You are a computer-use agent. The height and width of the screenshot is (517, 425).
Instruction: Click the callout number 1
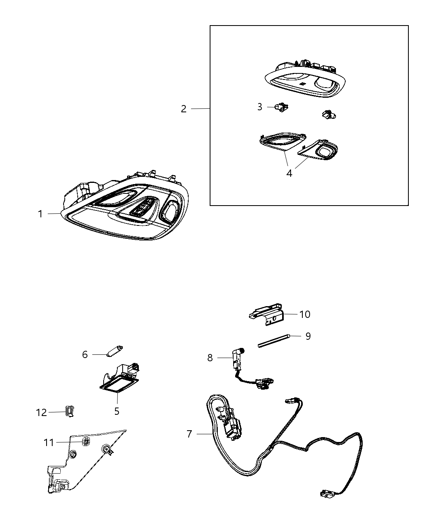40,214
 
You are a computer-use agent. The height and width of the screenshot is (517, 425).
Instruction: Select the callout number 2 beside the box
183,109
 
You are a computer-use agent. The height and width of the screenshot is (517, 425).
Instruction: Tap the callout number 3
259,107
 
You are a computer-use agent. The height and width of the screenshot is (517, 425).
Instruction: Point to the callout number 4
289,173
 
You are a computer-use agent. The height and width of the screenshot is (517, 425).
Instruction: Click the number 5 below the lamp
117,411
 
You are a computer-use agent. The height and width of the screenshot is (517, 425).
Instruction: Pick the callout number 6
85,354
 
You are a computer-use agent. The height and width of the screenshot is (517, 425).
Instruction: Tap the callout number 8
210,358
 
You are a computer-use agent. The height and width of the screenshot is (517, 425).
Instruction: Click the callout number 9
308,336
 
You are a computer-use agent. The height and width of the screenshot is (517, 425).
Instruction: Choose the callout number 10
305,315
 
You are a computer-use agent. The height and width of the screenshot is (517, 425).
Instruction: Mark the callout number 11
49,443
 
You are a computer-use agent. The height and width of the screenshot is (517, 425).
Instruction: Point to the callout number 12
41,412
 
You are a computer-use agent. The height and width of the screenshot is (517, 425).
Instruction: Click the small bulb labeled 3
282,107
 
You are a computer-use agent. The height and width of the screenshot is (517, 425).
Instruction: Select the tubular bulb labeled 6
115,351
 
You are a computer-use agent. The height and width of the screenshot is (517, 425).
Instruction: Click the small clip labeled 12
70,411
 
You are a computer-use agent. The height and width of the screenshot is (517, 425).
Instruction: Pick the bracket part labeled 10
266,314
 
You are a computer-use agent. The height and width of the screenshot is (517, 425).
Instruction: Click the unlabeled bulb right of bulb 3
329,115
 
